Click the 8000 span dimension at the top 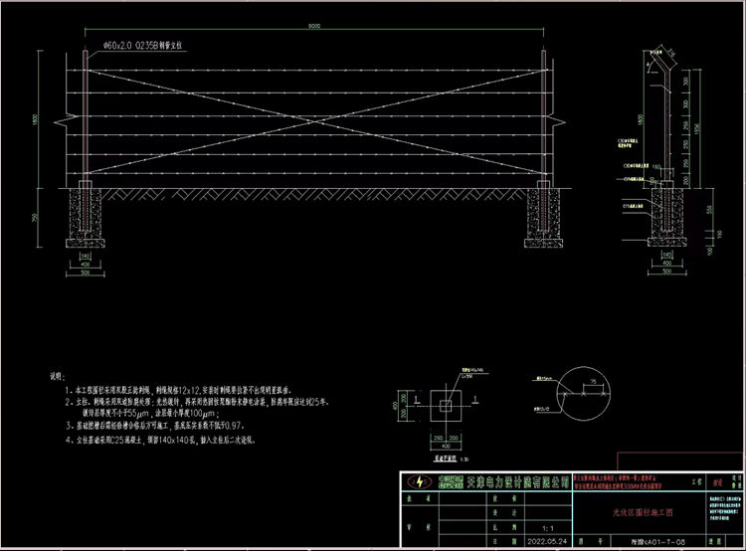click(313, 27)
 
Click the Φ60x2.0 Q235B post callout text click(136, 45)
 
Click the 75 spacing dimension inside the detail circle click(594, 382)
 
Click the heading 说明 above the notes click(56, 379)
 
